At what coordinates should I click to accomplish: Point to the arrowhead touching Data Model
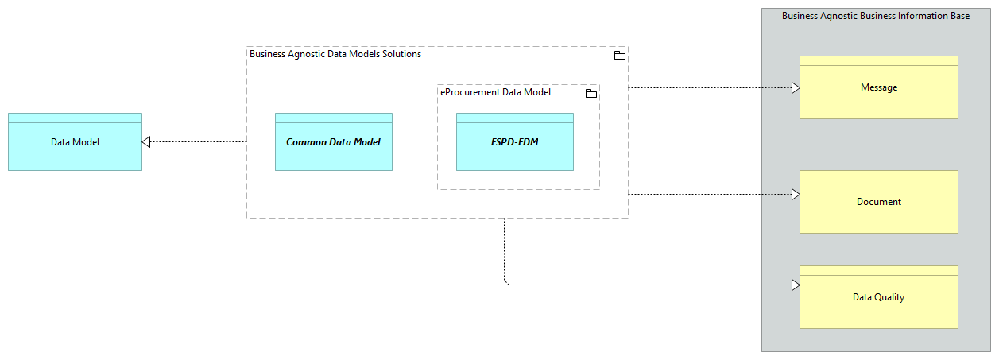tap(146, 142)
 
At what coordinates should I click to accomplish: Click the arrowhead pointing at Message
tap(795, 87)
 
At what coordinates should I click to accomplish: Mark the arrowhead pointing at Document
tap(795, 194)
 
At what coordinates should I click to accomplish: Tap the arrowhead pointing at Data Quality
tap(795, 285)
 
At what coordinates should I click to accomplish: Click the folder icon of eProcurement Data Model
tap(590, 94)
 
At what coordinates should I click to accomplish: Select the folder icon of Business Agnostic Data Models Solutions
tap(619, 56)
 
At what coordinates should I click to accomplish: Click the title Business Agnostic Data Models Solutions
tap(335, 54)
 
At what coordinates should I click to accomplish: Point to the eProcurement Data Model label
tap(495, 92)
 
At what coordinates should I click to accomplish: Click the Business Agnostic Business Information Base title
tap(875, 16)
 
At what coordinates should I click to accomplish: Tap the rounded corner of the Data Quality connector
tap(505, 283)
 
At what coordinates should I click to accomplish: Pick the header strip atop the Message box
tap(878, 60)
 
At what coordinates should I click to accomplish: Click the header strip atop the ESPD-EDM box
tap(514, 118)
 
